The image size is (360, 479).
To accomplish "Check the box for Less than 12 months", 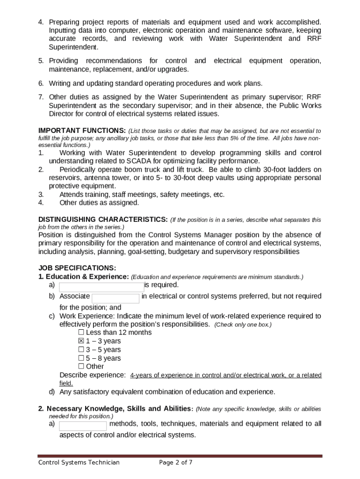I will [x=81, y=333].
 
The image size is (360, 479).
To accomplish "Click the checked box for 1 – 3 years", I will [x=81, y=341].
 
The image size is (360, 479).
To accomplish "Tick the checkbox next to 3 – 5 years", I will [x=81, y=349].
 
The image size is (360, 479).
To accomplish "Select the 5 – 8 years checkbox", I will [x=81, y=358].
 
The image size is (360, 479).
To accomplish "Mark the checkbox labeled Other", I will [x=81, y=367].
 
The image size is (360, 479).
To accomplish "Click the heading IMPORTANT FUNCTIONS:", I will [x=82, y=131].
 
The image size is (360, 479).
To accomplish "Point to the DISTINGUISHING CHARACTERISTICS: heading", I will [x=103, y=219].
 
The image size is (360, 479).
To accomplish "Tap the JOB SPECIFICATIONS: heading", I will [x=77, y=268].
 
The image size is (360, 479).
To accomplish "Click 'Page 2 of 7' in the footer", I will [x=176, y=463].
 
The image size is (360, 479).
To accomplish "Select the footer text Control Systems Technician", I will [x=79, y=463].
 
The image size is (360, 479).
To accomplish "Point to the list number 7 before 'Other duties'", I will [x=41, y=97].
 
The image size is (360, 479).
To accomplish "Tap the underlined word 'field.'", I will [x=66, y=383].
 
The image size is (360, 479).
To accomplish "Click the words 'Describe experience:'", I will [x=93, y=375].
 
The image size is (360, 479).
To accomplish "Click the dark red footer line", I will [x=180, y=456].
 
